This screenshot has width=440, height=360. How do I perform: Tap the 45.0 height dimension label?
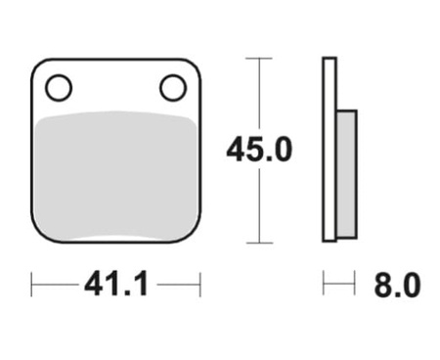click(x=259, y=150)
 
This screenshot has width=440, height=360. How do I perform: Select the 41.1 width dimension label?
click(x=116, y=285)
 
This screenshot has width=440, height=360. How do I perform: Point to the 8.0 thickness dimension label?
click(x=397, y=286)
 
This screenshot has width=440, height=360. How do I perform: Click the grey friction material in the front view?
click(x=116, y=176)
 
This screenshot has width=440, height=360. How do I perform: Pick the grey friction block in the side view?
click(x=346, y=174)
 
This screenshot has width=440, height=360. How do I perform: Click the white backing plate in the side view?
click(x=330, y=150)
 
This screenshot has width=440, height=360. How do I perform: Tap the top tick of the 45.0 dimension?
click(x=259, y=59)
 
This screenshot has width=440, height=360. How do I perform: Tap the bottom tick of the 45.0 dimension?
click(x=259, y=243)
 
